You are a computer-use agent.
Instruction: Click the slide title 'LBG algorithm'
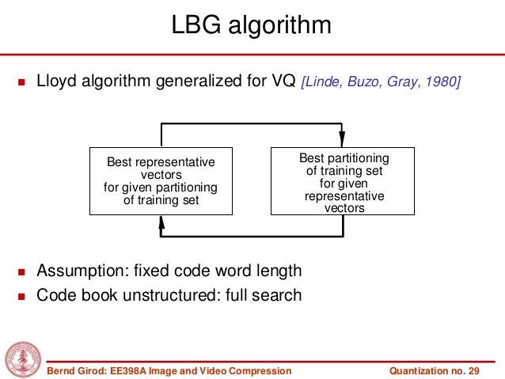(x=252, y=26)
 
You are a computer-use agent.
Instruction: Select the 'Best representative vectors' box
(x=161, y=181)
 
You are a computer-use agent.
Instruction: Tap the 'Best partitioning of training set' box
(x=344, y=181)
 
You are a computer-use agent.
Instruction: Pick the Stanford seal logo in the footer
(x=23, y=360)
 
